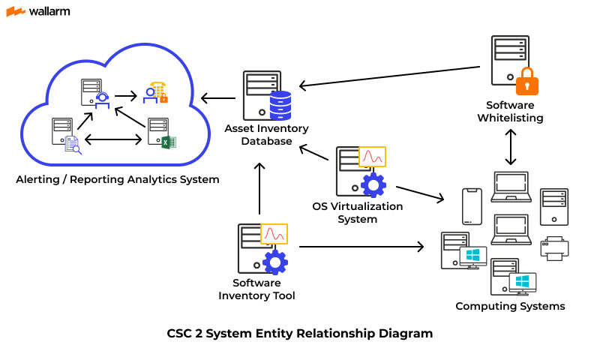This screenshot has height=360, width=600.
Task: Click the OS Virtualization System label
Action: pos(357,213)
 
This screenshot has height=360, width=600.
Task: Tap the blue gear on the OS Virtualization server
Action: pos(372,184)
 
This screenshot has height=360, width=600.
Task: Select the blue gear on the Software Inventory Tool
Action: pos(274,262)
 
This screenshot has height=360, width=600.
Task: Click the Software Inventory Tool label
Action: pos(256,289)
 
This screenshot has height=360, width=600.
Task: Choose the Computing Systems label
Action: pos(510,306)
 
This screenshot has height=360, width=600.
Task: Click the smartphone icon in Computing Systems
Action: pos(471,205)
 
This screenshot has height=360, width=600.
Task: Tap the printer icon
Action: pos(554,248)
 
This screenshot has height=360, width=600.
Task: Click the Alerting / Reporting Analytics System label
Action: pos(118,179)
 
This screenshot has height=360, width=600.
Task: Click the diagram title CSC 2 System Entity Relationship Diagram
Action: pos(300,334)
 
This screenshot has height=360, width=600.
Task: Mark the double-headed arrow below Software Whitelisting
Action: pos(511,146)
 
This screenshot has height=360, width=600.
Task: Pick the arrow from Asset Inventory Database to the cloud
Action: pos(217,97)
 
